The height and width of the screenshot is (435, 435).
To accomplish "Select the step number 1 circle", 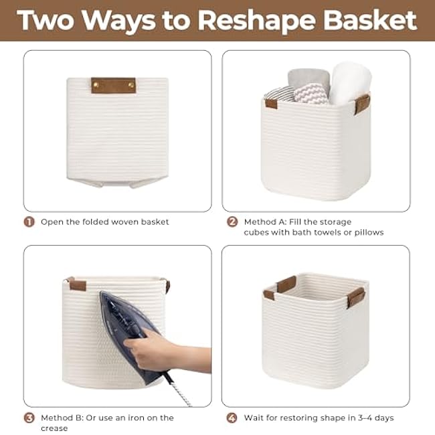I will [29, 222].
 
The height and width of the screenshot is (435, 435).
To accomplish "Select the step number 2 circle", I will [232, 222].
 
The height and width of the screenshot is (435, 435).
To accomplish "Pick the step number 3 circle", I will [29, 418].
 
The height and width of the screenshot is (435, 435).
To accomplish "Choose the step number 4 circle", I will [232, 418].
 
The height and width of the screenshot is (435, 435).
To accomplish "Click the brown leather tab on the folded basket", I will [113, 85].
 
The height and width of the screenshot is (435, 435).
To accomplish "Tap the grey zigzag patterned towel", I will [311, 94].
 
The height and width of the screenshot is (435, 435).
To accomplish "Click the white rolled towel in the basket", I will [349, 82].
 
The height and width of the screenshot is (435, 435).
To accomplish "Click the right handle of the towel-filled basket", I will [363, 104].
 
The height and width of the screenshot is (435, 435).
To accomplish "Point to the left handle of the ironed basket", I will [76, 284].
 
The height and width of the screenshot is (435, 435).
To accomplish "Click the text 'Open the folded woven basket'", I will [105, 222].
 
